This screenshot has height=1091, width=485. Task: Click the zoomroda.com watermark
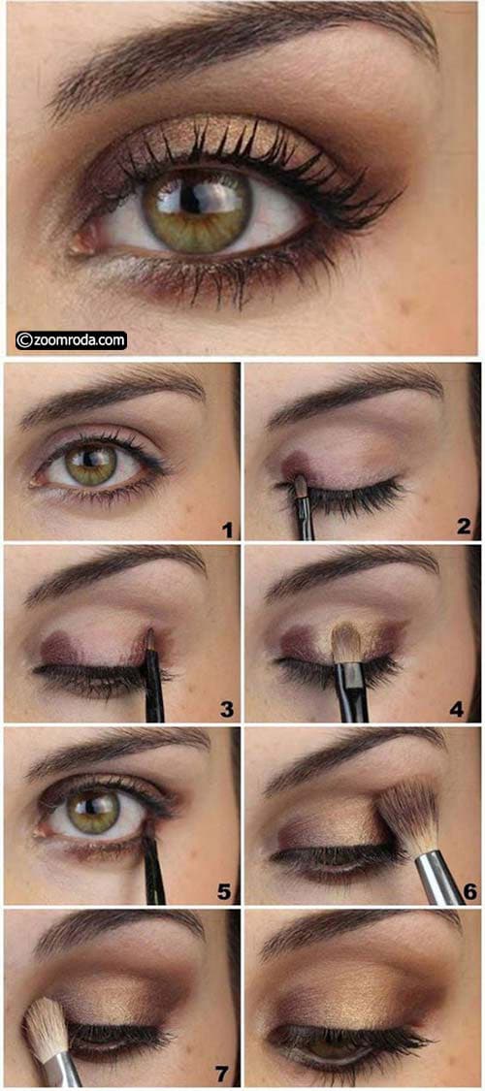(71, 340)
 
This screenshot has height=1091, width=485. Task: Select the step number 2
(464, 526)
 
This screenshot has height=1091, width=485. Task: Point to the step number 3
(226, 709)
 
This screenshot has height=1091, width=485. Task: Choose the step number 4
(457, 709)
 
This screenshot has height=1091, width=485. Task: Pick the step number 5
(224, 891)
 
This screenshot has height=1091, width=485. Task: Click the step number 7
(221, 1074)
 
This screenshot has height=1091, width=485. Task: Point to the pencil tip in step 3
(149, 633)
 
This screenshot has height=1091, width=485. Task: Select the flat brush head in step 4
(345, 642)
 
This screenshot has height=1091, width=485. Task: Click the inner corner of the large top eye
(77, 243)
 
